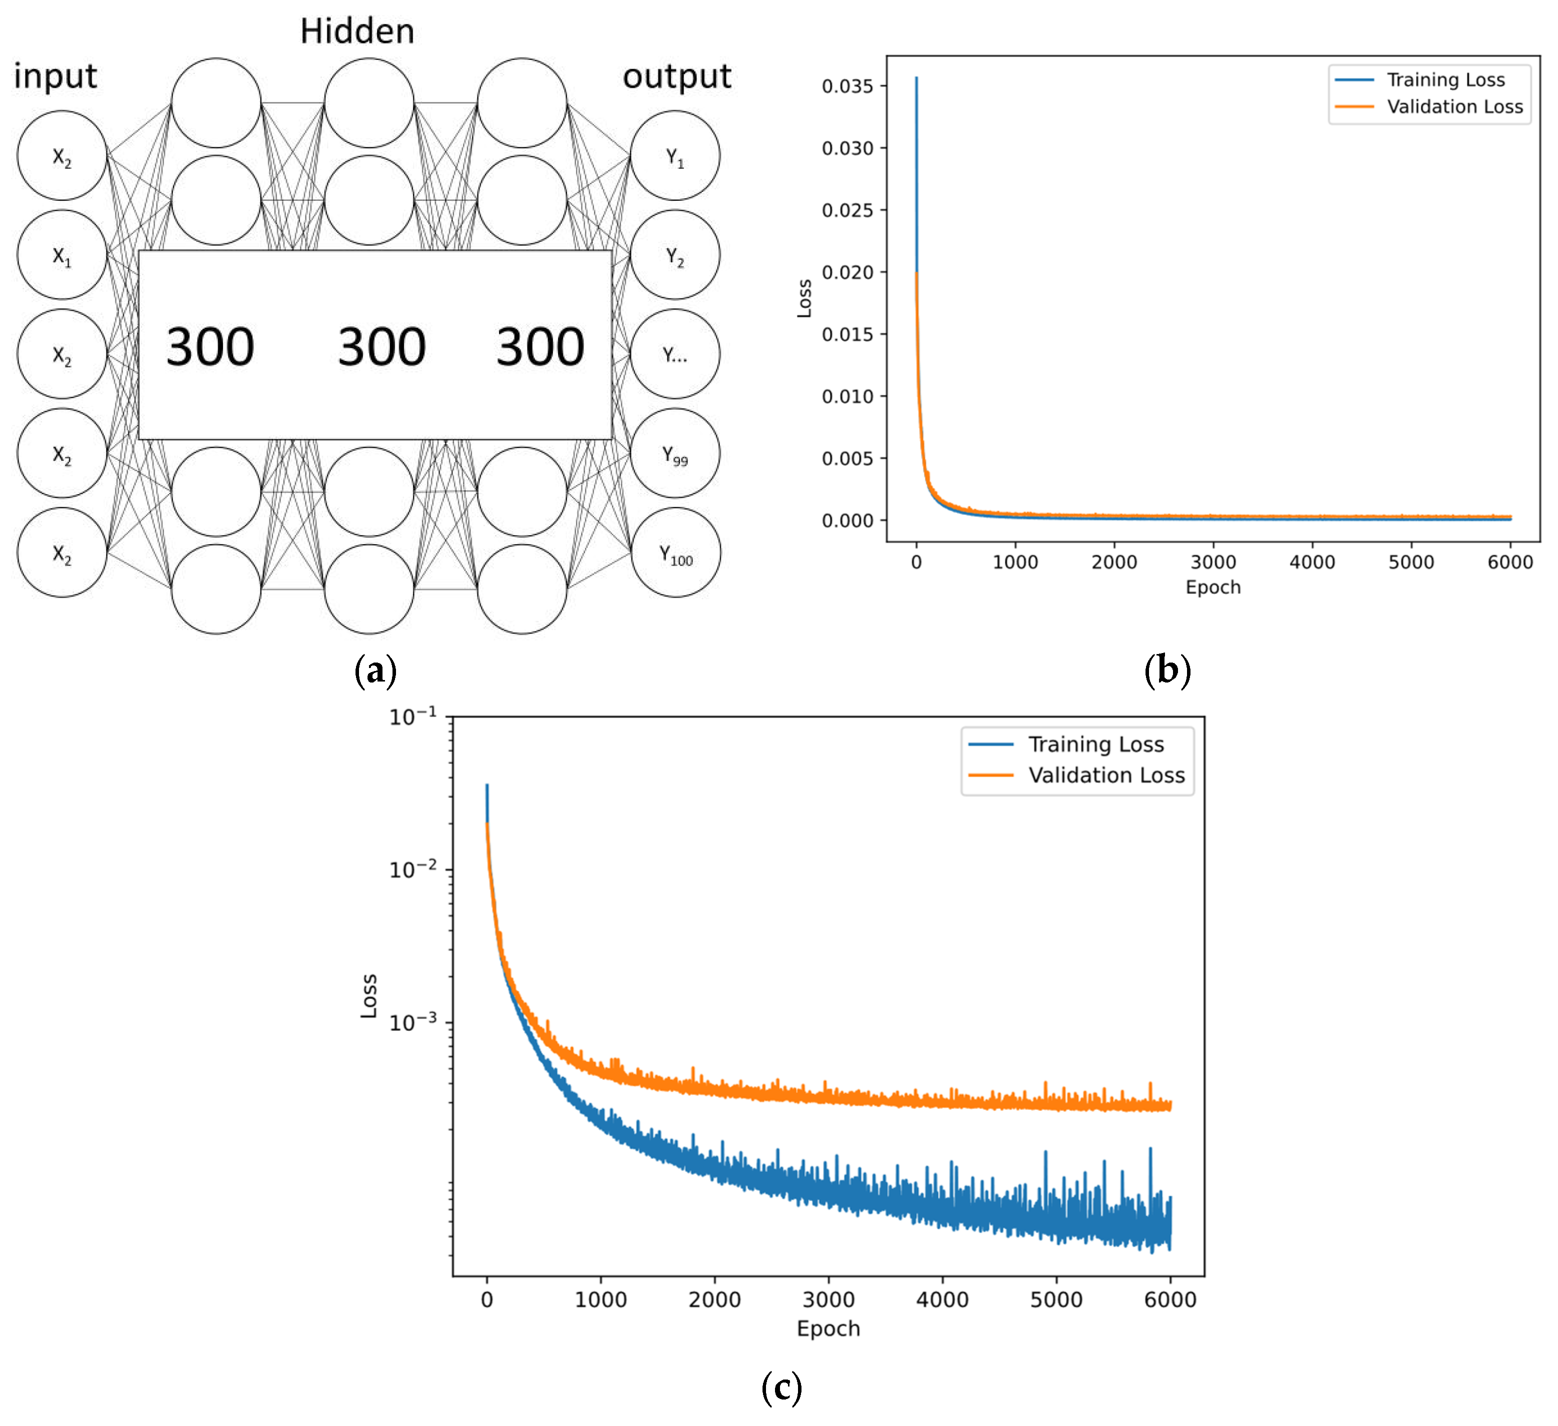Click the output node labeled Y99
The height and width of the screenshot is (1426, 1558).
(674, 454)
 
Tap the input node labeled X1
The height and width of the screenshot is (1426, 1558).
(62, 255)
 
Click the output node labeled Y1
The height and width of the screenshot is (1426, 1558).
(674, 156)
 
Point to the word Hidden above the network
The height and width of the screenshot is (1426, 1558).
(357, 31)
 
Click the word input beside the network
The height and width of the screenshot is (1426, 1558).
(55, 76)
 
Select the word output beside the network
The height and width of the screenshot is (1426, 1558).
(677, 76)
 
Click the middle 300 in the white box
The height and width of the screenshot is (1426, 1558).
(382, 347)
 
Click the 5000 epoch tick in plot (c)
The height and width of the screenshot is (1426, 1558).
(1055, 1299)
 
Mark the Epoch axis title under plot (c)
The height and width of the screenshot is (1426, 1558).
(827, 1329)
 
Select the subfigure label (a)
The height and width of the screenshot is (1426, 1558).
(375, 670)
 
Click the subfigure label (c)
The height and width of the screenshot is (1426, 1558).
(781, 1388)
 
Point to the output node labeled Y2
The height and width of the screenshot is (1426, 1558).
(674, 255)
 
